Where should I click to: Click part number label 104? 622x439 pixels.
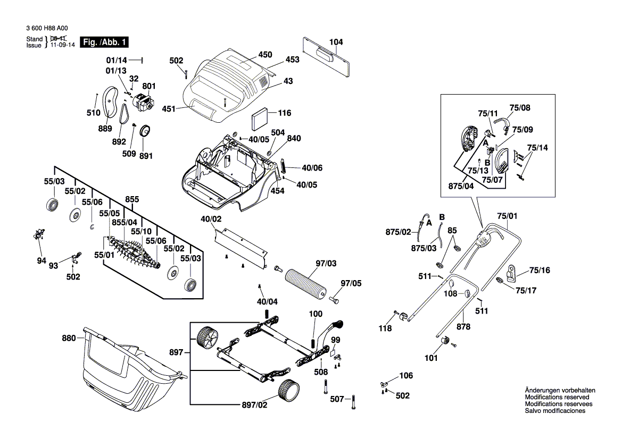(336, 41)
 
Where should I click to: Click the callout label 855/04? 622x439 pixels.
(125, 222)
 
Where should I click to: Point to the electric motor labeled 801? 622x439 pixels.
(142, 102)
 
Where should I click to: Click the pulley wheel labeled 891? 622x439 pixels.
(144, 131)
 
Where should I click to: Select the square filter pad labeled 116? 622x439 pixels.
(258, 117)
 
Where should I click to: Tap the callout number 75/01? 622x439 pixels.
(508, 216)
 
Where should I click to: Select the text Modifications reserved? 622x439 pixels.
(557, 397)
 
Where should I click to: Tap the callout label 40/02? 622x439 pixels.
(211, 219)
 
